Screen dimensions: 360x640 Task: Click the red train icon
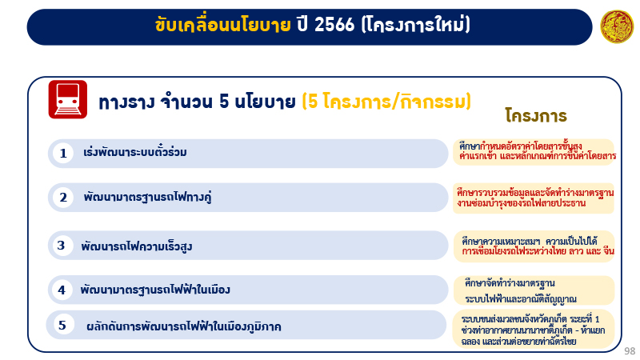68,100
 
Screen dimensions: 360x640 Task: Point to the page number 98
630,350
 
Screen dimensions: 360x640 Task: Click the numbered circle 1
62,153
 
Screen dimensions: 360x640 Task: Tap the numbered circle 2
63,197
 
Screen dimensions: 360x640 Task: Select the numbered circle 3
61,246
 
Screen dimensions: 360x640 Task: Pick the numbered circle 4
61,290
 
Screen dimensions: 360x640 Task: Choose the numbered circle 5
62,325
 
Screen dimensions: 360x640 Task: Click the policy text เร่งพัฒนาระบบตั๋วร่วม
135,153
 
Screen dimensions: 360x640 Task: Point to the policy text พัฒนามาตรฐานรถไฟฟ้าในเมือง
155,290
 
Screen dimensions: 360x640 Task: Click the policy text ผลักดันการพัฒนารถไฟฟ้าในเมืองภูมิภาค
183,326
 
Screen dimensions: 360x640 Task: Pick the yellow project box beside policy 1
534,152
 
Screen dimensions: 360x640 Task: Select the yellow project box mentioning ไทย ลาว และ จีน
534,246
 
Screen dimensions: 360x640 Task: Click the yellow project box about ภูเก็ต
534,326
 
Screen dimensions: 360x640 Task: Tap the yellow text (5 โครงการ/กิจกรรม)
386,102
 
